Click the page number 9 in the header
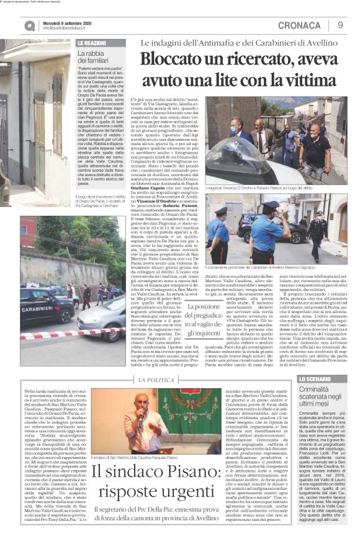(x=340, y=24)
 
